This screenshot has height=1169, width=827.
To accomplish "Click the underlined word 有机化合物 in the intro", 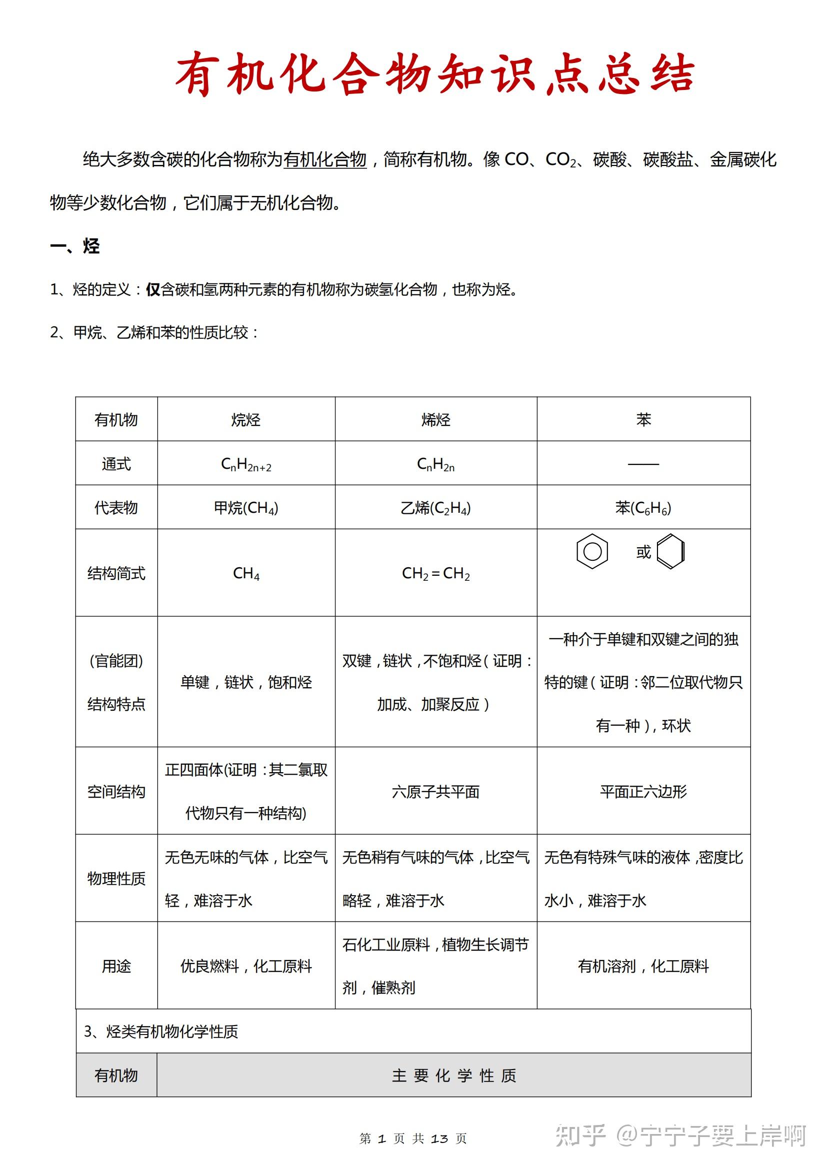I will [x=324, y=159].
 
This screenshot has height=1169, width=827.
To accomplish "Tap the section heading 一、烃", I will [x=75, y=246].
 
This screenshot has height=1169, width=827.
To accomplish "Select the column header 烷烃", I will [x=246, y=419].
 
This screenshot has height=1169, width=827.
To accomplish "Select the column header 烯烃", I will [x=436, y=419].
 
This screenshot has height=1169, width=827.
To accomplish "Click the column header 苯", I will [x=643, y=419].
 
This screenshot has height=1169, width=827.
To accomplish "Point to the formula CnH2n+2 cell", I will [x=246, y=464].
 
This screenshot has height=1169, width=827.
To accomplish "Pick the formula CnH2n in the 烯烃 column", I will [x=436, y=464].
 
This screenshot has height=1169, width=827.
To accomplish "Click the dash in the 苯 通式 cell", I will [x=643, y=464].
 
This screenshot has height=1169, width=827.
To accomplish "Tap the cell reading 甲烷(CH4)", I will [x=246, y=508].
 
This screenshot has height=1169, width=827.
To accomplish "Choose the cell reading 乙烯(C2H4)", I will [x=436, y=508].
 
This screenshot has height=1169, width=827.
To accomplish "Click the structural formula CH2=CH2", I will [x=436, y=573].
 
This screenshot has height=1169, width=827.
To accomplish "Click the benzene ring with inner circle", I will [x=591, y=551].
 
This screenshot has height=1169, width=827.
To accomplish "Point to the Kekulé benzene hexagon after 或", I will [x=670, y=551].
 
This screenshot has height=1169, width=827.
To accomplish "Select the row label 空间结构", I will [x=116, y=791].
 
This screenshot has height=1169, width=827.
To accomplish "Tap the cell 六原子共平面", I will [x=436, y=791].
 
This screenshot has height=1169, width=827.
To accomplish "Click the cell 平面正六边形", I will [x=643, y=791].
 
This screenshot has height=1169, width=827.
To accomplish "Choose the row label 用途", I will [x=116, y=966].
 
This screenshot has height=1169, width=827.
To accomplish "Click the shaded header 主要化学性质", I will [x=453, y=1076].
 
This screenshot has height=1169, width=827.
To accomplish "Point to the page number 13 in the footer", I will [x=439, y=1139].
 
